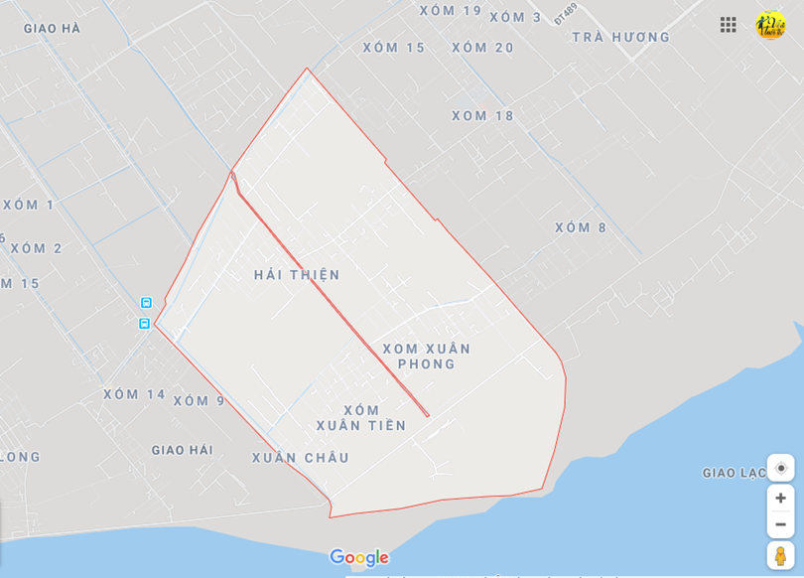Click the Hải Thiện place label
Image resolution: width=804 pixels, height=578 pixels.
click(x=297, y=275)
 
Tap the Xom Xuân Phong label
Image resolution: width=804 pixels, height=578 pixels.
click(x=427, y=357)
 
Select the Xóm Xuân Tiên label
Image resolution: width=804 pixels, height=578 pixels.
click(x=361, y=418)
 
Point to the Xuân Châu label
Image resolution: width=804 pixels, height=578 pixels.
click(x=301, y=458)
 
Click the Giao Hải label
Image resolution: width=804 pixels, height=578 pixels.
click(x=183, y=450)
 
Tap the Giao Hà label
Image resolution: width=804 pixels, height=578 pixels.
click(x=53, y=29)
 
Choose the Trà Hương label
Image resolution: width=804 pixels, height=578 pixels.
click(x=621, y=38)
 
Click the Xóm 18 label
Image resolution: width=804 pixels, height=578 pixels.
click(x=483, y=116)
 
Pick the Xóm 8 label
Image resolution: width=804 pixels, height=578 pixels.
click(x=581, y=227)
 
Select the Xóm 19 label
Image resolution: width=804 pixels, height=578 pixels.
click(x=451, y=11)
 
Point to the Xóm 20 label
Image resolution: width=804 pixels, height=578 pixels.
click(x=483, y=48)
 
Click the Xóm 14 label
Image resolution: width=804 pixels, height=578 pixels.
click(x=135, y=394)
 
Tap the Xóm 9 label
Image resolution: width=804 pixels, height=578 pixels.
click(x=200, y=401)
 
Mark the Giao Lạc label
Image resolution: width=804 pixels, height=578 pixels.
click(x=735, y=473)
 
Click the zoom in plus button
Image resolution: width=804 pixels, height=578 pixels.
click(x=780, y=498)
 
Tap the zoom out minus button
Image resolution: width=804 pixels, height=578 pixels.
click(x=780, y=524)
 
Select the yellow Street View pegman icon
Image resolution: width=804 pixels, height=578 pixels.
click(x=780, y=555)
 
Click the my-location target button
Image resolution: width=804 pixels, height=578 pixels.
click(x=780, y=468)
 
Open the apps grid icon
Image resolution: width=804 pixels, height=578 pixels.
click(x=729, y=25)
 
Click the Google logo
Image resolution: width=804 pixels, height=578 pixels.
click(x=358, y=558)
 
